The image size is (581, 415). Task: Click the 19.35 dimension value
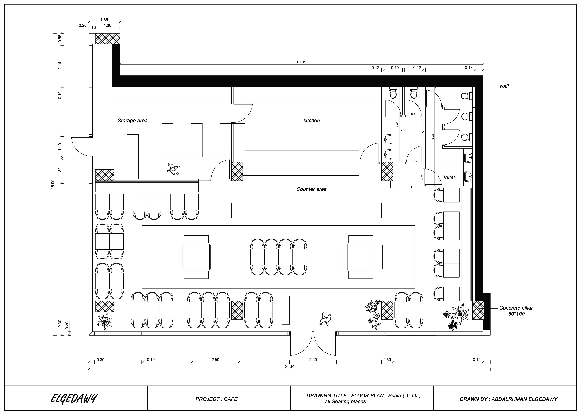pyautogui.click(x=301, y=62)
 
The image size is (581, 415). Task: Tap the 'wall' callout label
pyautogui.click(x=504, y=86)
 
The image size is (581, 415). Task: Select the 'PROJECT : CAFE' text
pyautogui.click(x=216, y=399)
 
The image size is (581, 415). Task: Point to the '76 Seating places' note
pyautogui.click(x=345, y=401)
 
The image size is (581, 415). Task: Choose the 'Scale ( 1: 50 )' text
pyautogui.click(x=404, y=396)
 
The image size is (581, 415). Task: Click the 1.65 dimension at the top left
pyautogui.click(x=104, y=20)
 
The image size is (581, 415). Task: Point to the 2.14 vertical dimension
pyautogui.click(x=60, y=66)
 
